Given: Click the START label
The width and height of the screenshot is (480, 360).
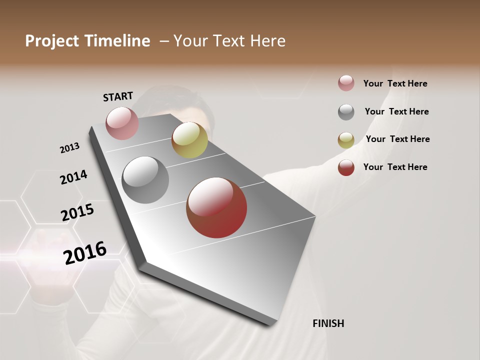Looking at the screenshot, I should point(118,96).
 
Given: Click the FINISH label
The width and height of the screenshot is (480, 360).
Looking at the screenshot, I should point(328,323).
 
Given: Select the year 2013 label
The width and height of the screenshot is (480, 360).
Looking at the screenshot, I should point(70,148).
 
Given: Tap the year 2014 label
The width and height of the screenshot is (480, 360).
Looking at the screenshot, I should point(73,177).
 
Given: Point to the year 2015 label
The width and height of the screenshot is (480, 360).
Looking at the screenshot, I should point(77,212).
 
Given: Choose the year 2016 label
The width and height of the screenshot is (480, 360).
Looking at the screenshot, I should point(85,252).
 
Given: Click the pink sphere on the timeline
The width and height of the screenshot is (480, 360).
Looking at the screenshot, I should point(122,123).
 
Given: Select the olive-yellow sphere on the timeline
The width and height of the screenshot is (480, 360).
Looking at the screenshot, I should point(189,140).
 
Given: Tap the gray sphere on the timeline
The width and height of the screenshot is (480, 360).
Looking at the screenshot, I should point(145,180).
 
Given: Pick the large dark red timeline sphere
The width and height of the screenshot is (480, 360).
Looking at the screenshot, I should point(216,207).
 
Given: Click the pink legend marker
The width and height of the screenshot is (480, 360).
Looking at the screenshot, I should point(346,83).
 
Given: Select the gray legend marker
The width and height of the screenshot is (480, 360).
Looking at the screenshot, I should point(346,112).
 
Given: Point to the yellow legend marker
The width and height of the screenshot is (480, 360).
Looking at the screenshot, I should point(346,140).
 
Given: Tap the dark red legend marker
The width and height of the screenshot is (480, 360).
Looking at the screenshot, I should point(346,167).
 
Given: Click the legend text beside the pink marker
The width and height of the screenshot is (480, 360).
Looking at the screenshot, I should point(395,83).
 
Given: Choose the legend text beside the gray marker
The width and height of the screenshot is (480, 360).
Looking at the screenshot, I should point(396,111).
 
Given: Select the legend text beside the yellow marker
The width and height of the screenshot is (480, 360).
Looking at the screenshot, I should point(397,139).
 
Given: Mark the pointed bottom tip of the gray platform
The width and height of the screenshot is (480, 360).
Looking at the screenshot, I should point(274,324).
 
